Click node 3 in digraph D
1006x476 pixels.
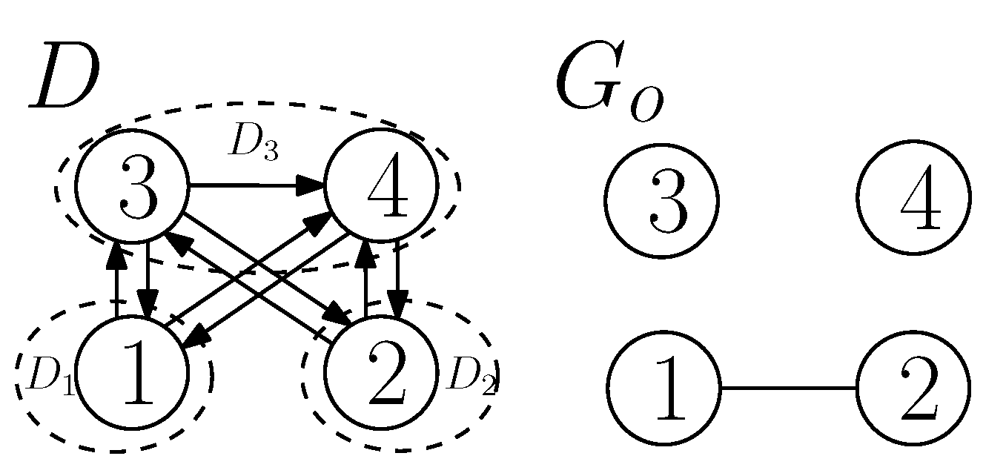pyautogui.click(x=133, y=185)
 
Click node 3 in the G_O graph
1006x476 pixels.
pyautogui.click(x=661, y=200)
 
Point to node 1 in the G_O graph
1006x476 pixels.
pyautogui.click(x=664, y=387)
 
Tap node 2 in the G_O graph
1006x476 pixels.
pyautogui.click(x=913, y=387)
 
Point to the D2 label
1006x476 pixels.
pyautogui.click(x=471, y=379)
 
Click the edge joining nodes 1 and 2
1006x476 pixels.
pyautogui.click(x=788, y=388)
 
